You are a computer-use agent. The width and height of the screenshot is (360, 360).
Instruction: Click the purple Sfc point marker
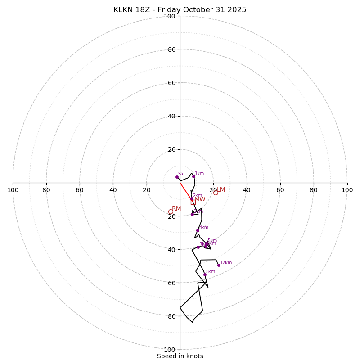pyautogui.click(x=177, y=177)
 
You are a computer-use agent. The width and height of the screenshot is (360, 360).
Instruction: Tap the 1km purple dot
pyautogui.click(x=193, y=176)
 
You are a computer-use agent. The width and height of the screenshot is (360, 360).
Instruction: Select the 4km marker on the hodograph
pyautogui.click(x=198, y=230)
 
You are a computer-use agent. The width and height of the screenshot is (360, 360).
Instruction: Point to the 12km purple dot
pyautogui.click(x=219, y=265)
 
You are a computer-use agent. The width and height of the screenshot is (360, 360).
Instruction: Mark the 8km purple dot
pyautogui.click(x=205, y=274)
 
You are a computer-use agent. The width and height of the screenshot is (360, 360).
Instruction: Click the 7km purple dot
pyautogui.click(x=198, y=247)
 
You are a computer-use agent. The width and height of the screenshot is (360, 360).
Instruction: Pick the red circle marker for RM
pyautogui.click(x=171, y=212)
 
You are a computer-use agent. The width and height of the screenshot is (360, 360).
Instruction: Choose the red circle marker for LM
pyautogui.click(x=216, y=193)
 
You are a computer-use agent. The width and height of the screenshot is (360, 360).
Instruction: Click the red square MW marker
pyautogui.click(x=193, y=202)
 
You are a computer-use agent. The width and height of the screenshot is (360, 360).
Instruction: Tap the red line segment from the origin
pyautogui.click(x=185, y=190)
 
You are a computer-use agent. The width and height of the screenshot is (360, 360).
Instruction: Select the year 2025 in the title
pyautogui.click(x=237, y=10)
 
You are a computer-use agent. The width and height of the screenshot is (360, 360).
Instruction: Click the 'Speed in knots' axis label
pyautogui.click(x=180, y=356)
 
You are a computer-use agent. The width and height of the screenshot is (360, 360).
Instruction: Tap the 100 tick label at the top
pyautogui.click(x=170, y=17)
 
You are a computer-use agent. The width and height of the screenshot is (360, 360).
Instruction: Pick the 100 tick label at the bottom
pyautogui.click(x=170, y=350)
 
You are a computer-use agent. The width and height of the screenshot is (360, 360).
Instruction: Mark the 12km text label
pyautogui.click(x=226, y=263)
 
